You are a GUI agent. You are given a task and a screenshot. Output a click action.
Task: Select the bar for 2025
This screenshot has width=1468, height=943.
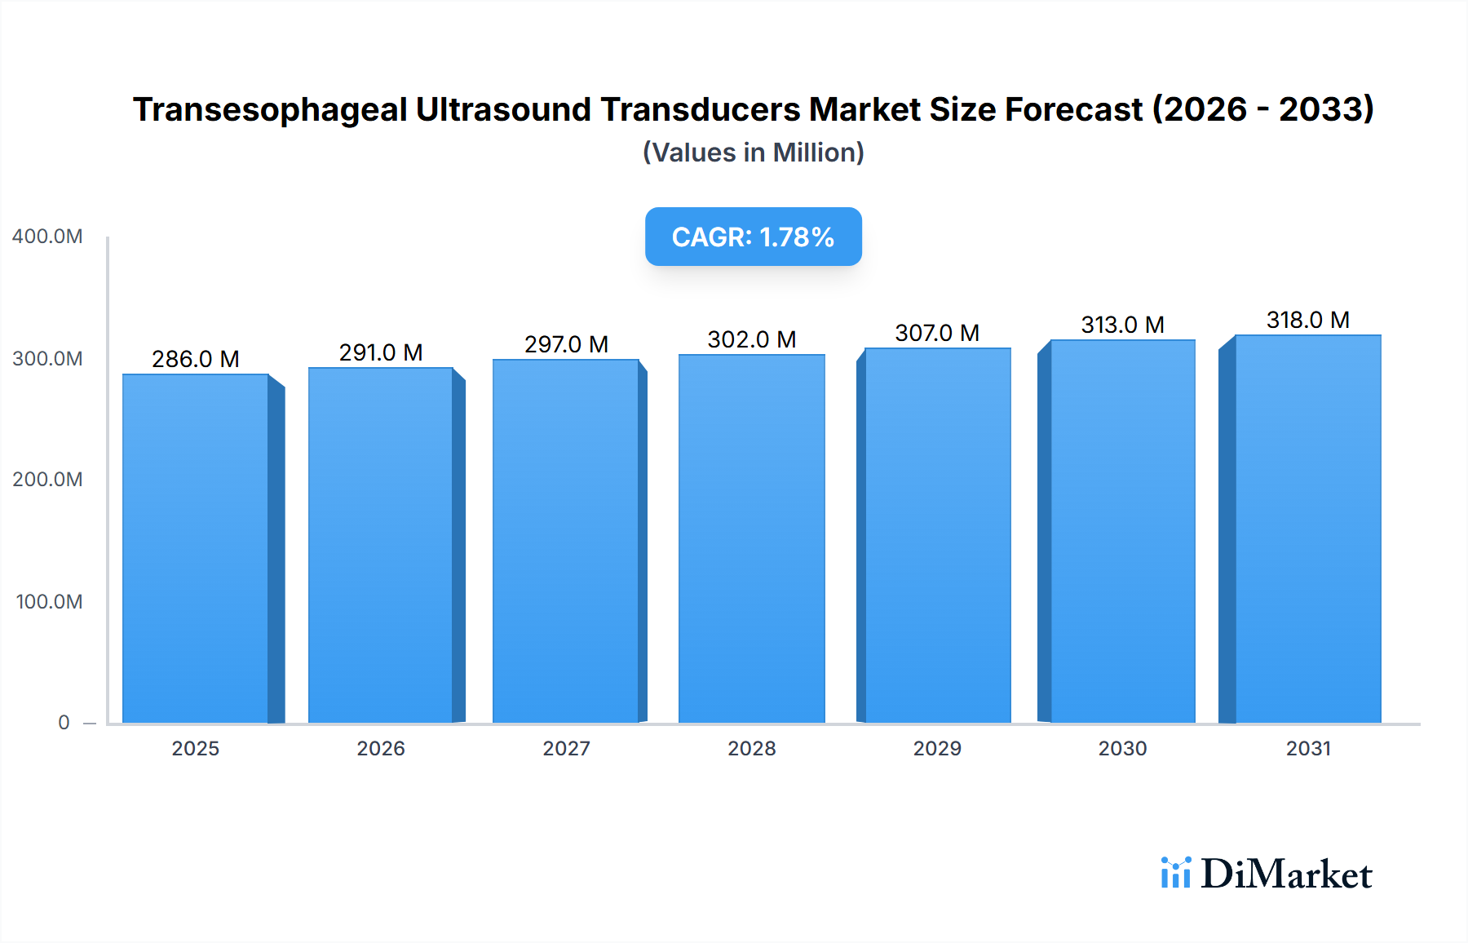(196, 548)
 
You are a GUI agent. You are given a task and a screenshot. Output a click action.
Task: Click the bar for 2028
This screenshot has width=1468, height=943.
(752, 538)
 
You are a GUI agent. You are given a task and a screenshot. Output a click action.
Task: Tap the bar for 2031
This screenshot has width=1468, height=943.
(1308, 529)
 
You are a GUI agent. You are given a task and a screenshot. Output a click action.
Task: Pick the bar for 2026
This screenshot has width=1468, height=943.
(381, 545)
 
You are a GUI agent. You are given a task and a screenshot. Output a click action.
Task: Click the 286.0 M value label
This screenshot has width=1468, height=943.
(196, 359)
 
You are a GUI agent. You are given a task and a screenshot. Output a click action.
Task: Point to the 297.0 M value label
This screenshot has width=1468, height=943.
(566, 344)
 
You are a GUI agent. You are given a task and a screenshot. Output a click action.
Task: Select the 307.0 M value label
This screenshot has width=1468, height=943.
(937, 333)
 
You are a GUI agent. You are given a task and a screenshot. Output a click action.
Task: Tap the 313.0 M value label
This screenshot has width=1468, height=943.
(1122, 325)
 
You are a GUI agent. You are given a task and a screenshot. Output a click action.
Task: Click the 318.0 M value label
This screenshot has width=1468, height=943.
(1307, 320)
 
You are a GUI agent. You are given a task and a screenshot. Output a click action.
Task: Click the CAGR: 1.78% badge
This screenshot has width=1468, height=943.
(753, 237)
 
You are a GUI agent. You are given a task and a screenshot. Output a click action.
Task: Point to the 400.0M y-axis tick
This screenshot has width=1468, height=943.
(47, 237)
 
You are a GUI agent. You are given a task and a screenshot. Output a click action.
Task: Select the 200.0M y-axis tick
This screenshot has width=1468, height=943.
(47, 480)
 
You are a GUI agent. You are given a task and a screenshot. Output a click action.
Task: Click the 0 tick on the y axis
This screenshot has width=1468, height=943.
(64, 723)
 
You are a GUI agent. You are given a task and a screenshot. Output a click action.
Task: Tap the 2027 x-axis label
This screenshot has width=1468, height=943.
(566, 748)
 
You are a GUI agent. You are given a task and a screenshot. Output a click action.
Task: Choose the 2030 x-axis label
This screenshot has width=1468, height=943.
(1122, 748)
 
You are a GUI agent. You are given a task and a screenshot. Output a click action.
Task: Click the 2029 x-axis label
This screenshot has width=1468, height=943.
(937, 748)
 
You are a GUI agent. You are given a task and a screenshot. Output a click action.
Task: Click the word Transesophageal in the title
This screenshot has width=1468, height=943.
(270, 110)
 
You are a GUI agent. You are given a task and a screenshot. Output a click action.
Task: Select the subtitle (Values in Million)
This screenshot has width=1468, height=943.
(753, 153)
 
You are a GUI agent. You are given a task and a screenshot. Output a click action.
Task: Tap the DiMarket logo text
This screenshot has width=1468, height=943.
(1286, 874)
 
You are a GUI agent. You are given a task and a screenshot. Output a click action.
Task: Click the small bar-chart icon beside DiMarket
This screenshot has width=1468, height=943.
(1175, 873)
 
